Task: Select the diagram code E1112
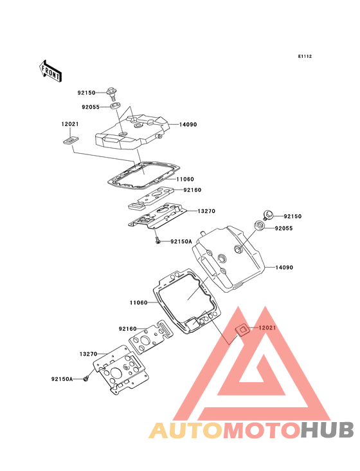(305, 56)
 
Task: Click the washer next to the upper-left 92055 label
(116, 106)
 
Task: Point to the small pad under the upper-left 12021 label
(71, 140)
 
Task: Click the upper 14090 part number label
(188, 124)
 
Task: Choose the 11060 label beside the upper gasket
(185, 180)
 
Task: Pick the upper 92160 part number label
(192, 190)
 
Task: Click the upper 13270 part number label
(206, 211)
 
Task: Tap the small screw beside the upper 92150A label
(157, 240)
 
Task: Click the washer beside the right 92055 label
(259, 225)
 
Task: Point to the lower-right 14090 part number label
(284, 267)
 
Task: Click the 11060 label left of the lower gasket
(139, 302)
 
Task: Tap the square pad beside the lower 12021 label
(242, 329)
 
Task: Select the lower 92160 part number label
(127, 329)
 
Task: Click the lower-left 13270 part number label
(88, 354)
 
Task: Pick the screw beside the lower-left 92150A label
(86, 379)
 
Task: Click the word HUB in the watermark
(328, 430)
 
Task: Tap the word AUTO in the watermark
(186, 430)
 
